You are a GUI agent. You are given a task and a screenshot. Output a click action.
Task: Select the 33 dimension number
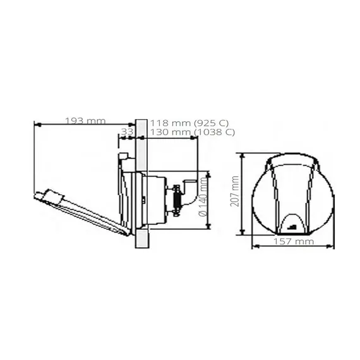[x=126, y=132]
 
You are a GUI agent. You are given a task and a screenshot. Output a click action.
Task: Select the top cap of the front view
[x=292, y=160]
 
